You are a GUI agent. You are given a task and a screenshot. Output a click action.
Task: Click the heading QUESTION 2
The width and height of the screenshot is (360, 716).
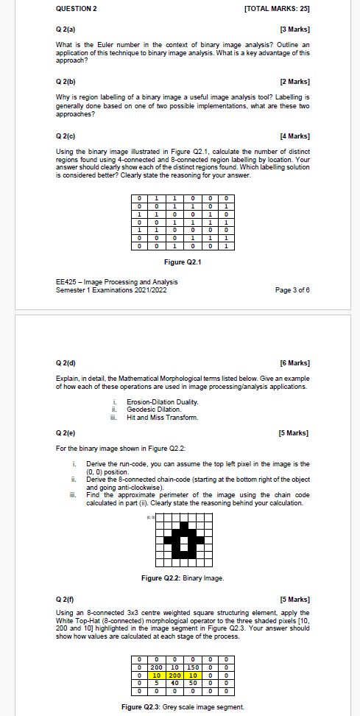[77, 8]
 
